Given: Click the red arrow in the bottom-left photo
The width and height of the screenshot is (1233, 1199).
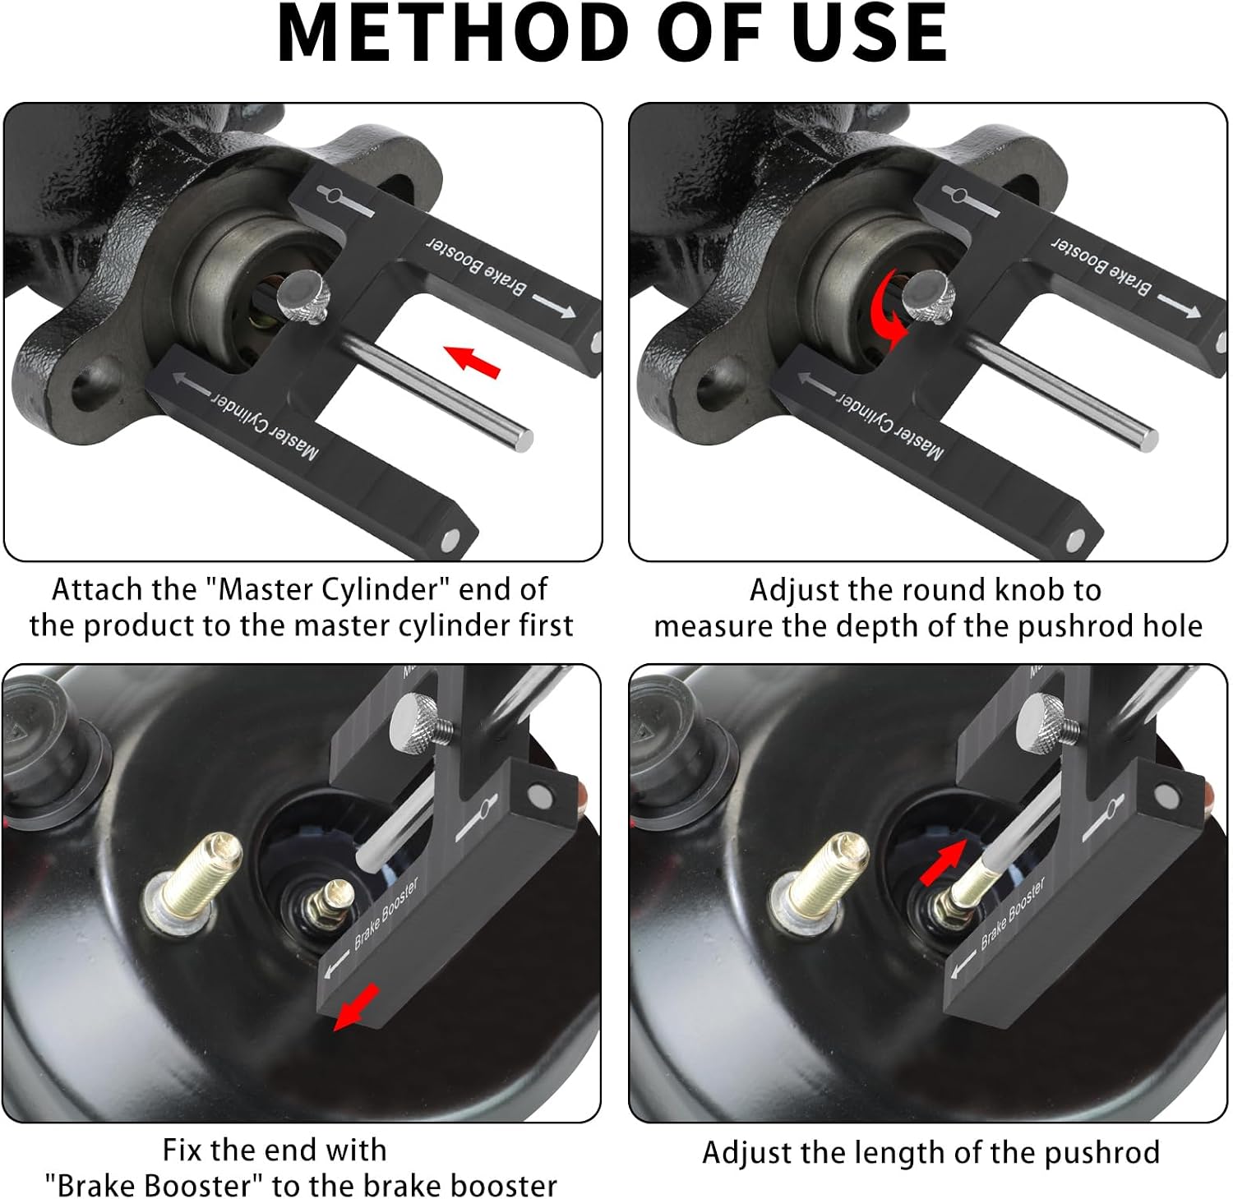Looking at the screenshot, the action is pyautogui.click(x=356, y=1008).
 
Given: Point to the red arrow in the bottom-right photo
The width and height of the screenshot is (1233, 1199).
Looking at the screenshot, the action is pyautogui.click(x=943, y=863).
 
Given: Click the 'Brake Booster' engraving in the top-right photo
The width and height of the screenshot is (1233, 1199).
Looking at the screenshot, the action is pyautogui.click(x=1101, y=265).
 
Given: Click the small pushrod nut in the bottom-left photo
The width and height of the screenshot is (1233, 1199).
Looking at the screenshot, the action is pyautogui.click(x=328, y=903).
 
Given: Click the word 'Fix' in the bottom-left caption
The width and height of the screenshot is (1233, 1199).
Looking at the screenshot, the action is pyautogui.click(x=182, y=1150).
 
